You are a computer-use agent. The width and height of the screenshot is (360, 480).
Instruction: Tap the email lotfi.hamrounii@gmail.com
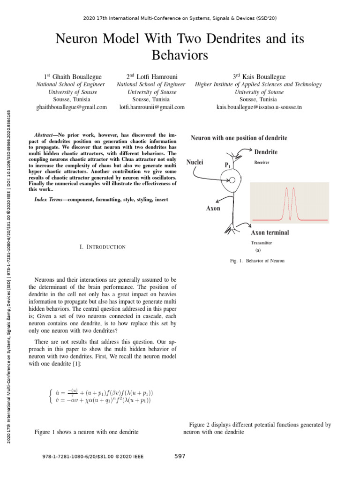pyautogui.click(x=152, y=107)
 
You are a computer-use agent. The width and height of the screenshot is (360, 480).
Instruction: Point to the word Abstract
pyautogui.click(x=46, y=135)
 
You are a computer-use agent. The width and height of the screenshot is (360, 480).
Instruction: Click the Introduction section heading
pyautogui.click(x=103, y=247)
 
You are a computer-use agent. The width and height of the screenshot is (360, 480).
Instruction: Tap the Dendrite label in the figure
pyautogui.click(x=265, y=152)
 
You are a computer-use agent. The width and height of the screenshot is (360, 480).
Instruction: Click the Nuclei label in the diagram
pyautogui.click(x=195, y=162)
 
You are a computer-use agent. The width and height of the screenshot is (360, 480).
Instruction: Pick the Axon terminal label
pyautogui.click(x=270, y=232)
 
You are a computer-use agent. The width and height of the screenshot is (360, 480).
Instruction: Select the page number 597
pyautogui.click(x=180, y=456)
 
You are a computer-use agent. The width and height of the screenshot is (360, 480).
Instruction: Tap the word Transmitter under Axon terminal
pyautogui.click(x=261, y=243)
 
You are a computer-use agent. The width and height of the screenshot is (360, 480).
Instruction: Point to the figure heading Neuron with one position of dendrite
pyautogui.click(x=239, y=138)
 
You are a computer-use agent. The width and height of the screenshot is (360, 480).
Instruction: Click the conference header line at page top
pyautogui.click(x=180, y=19)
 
